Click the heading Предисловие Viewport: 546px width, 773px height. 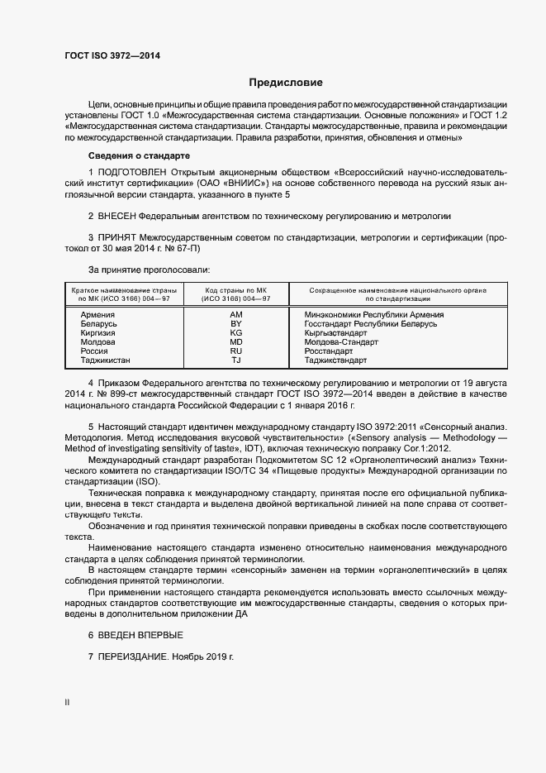(286, 83)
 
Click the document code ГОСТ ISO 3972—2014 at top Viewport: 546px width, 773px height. (112, 55)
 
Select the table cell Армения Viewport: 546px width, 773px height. (97, 315)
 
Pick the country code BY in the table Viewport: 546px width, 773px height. (235, 324)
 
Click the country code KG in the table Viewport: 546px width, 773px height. (235, 333)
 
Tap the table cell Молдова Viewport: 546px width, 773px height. (98, 342)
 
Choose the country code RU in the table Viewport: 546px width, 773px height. (235, 351)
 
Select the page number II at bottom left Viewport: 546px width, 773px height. (67, 703)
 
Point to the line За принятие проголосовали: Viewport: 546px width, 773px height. (149, 270)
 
